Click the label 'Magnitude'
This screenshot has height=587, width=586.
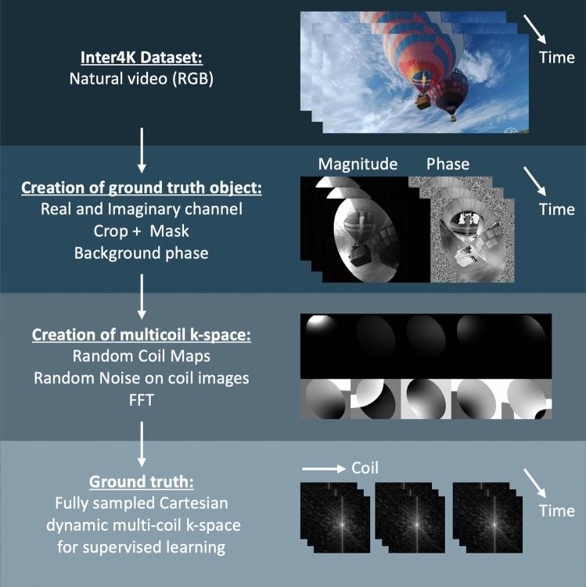[358, 164]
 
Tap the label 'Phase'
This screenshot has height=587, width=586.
[448, 164]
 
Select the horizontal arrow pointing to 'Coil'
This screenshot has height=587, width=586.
[322, 470]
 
